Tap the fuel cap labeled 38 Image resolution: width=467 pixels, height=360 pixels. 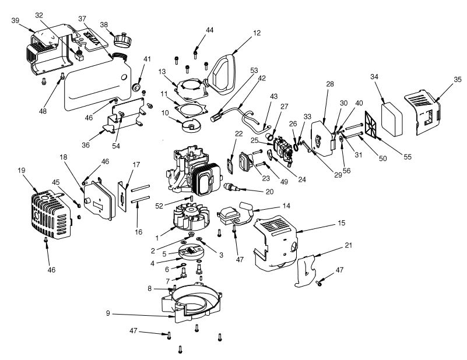coord(122,40)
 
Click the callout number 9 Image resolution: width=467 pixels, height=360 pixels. coord(108,314)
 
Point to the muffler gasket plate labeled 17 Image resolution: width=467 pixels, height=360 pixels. coord(124,193)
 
